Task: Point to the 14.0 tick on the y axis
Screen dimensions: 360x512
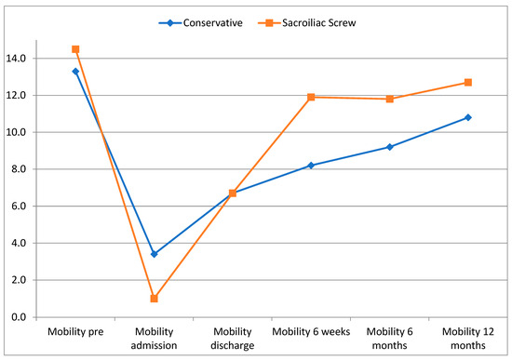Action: [18, 59]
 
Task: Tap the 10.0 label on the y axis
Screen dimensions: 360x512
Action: [18, 132]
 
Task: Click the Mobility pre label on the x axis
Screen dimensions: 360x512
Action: [74, 331]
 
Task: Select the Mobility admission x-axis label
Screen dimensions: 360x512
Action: [154, 338]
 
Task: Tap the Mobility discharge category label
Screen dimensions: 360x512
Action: [232, 338]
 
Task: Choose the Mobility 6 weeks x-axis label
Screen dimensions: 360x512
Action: [311, 331]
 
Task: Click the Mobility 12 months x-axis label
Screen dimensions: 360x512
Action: [467, 338]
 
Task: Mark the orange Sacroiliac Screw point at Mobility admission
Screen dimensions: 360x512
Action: [154, 299]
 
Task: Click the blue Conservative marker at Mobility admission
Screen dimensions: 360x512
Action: [154, 254]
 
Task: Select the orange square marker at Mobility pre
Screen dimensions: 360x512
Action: [75, 49]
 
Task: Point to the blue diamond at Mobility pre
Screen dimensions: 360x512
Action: [75, 72]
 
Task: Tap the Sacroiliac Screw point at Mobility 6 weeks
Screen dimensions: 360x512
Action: [311, 97]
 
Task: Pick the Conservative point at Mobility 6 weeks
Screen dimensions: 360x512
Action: [311, 166]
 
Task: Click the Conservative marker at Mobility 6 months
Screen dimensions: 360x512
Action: [389, 147]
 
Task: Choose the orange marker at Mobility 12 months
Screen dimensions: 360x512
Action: [467, 82]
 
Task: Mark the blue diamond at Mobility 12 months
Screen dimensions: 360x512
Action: [467, 117]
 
